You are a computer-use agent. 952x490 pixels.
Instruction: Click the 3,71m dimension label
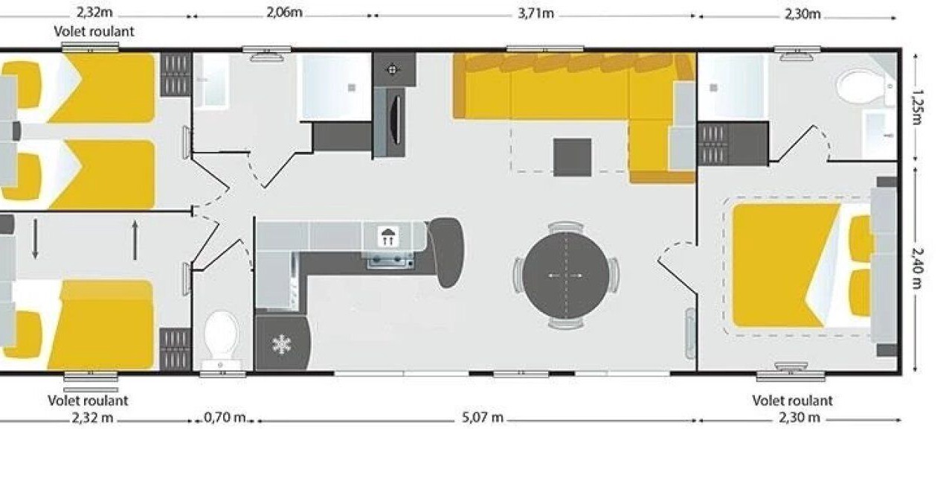(535, 13)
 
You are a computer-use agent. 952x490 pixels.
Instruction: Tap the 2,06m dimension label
(284, 13)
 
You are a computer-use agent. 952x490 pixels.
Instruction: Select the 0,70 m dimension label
(225, 418)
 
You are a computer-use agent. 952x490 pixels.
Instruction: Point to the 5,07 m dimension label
(483, 418)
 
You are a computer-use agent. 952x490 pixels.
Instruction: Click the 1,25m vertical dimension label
(917, 106)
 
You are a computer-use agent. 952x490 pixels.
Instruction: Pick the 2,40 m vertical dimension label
(917, 268)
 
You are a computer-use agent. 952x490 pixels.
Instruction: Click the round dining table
(566, 276)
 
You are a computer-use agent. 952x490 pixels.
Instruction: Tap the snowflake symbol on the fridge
(281, 345)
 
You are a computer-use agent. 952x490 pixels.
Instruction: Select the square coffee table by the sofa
(572, 157)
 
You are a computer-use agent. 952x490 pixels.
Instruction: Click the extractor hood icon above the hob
(387, 237)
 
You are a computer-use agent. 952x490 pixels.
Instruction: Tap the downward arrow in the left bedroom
(35, 238)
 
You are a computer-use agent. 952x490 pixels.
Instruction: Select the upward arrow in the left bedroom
(135, 240)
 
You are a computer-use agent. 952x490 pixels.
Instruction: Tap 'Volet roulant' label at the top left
(94, 31)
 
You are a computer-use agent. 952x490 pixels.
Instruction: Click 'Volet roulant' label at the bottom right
(792, 401)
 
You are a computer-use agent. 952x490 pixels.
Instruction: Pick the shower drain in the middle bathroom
(352, 88)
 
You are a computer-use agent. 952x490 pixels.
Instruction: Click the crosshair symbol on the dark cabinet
(392, 69)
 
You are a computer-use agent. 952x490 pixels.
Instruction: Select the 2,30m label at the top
(802, 14)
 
